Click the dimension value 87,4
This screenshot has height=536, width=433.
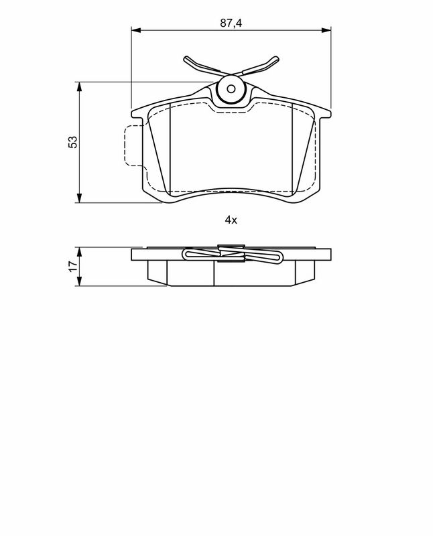pyautogui.click(x=231, y=23)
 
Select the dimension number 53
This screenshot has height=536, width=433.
pyautogui.click(x=73, y=142)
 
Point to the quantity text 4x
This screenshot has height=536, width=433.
pyautogui.click(x=231, y=220)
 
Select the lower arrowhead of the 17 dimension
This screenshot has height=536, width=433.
pyautogui.click(x=80, y=283)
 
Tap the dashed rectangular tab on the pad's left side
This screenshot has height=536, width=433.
pyautogui.click(x=134, y=145)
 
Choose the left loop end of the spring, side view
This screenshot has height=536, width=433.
pyautogui.click(x=187, y=255)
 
